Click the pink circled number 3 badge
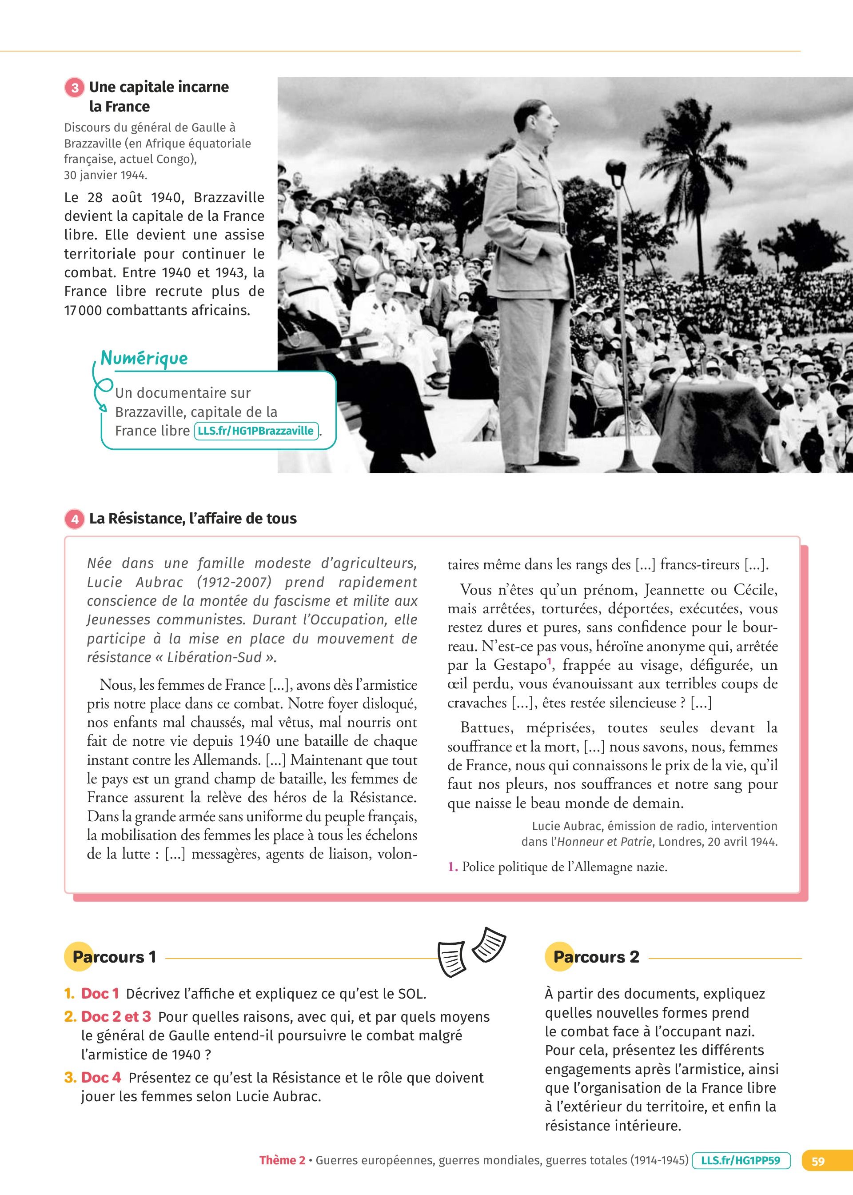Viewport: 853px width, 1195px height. click(75, 87)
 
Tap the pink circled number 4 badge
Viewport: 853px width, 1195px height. click(75, 519)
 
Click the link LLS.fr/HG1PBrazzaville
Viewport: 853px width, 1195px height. click(256, 431)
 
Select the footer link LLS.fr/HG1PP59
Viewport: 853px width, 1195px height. click(741, 1160)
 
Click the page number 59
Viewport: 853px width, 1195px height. click(818, 1161)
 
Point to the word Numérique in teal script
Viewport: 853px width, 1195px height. click(144, 358)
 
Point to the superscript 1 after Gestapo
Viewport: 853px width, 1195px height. click(550, 661)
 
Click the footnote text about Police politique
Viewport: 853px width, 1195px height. click(564, 867)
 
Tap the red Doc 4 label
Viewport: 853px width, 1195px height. click(101, 1078)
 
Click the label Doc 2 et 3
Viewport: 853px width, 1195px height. click(116, 1017)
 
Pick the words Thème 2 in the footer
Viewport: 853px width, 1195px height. click(282, 1161)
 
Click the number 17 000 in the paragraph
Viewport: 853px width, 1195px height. click(83, 311)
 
